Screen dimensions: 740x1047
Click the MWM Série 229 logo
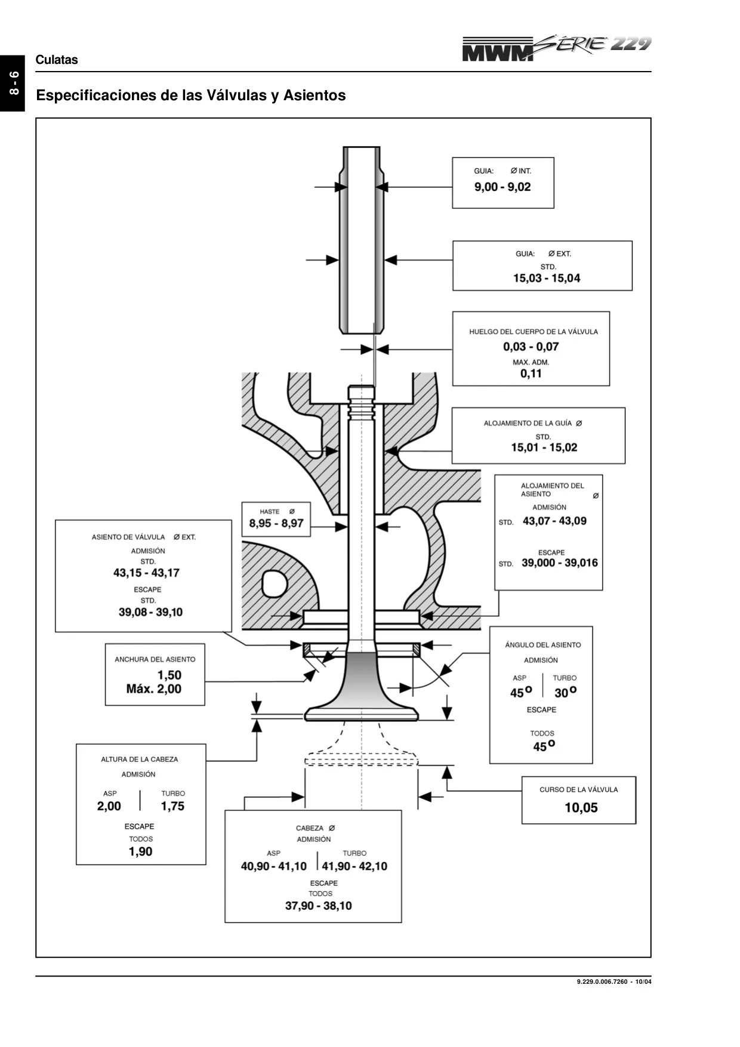tap(556, 48)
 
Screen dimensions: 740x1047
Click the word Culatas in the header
tap(57, 60)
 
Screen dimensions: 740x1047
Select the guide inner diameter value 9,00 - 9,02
tap(502, 187)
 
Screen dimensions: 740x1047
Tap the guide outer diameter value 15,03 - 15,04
tap(547, 278)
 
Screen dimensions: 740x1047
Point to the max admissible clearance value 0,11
tap(531, 373)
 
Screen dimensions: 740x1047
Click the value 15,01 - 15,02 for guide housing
tap(544, 447)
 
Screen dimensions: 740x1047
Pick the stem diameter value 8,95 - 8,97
tap(276, 523)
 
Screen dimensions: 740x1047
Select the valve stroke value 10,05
tap(581, 808)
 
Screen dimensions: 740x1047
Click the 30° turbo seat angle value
tap(565, 692)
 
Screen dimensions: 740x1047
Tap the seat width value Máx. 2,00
tap(154, 689)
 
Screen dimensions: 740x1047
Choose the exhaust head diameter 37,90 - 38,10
tap(319, 906)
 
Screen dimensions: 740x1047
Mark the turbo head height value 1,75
tap(172, 806)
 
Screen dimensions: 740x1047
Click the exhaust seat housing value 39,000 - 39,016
tap(560, 563)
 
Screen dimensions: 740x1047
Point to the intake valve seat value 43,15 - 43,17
tap(146, 573)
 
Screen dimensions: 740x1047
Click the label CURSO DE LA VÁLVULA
tap(579, 789)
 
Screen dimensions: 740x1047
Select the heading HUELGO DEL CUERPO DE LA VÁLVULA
tap(534, 332)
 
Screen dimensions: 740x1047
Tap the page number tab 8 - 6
tap(13, 83)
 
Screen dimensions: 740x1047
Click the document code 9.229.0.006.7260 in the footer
tap(603, 982)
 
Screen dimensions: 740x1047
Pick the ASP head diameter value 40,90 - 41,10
tap(274, 866)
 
